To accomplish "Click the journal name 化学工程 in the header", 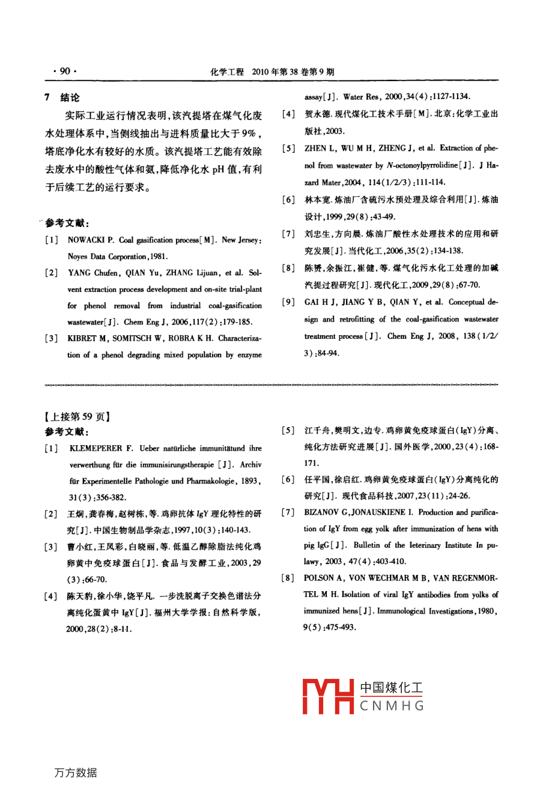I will point(226,72).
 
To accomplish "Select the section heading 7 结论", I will point(62,97).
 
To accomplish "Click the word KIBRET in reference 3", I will point(82,338).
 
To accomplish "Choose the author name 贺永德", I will point(317,114).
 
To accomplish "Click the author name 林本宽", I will point(317,200).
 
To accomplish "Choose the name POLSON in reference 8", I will point(319,578).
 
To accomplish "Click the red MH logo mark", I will point(327,696).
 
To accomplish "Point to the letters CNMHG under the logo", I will point(392,706).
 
